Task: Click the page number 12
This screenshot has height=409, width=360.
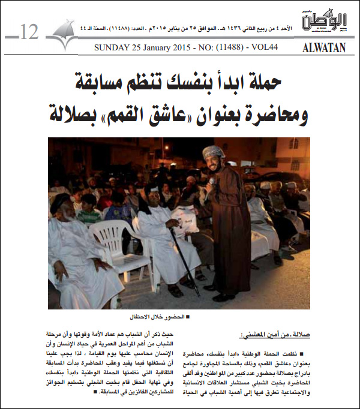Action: click(28, 31)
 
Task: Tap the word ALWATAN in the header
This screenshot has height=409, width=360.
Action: click(325, 48)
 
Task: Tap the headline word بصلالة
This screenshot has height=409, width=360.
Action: click(83, 113)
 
